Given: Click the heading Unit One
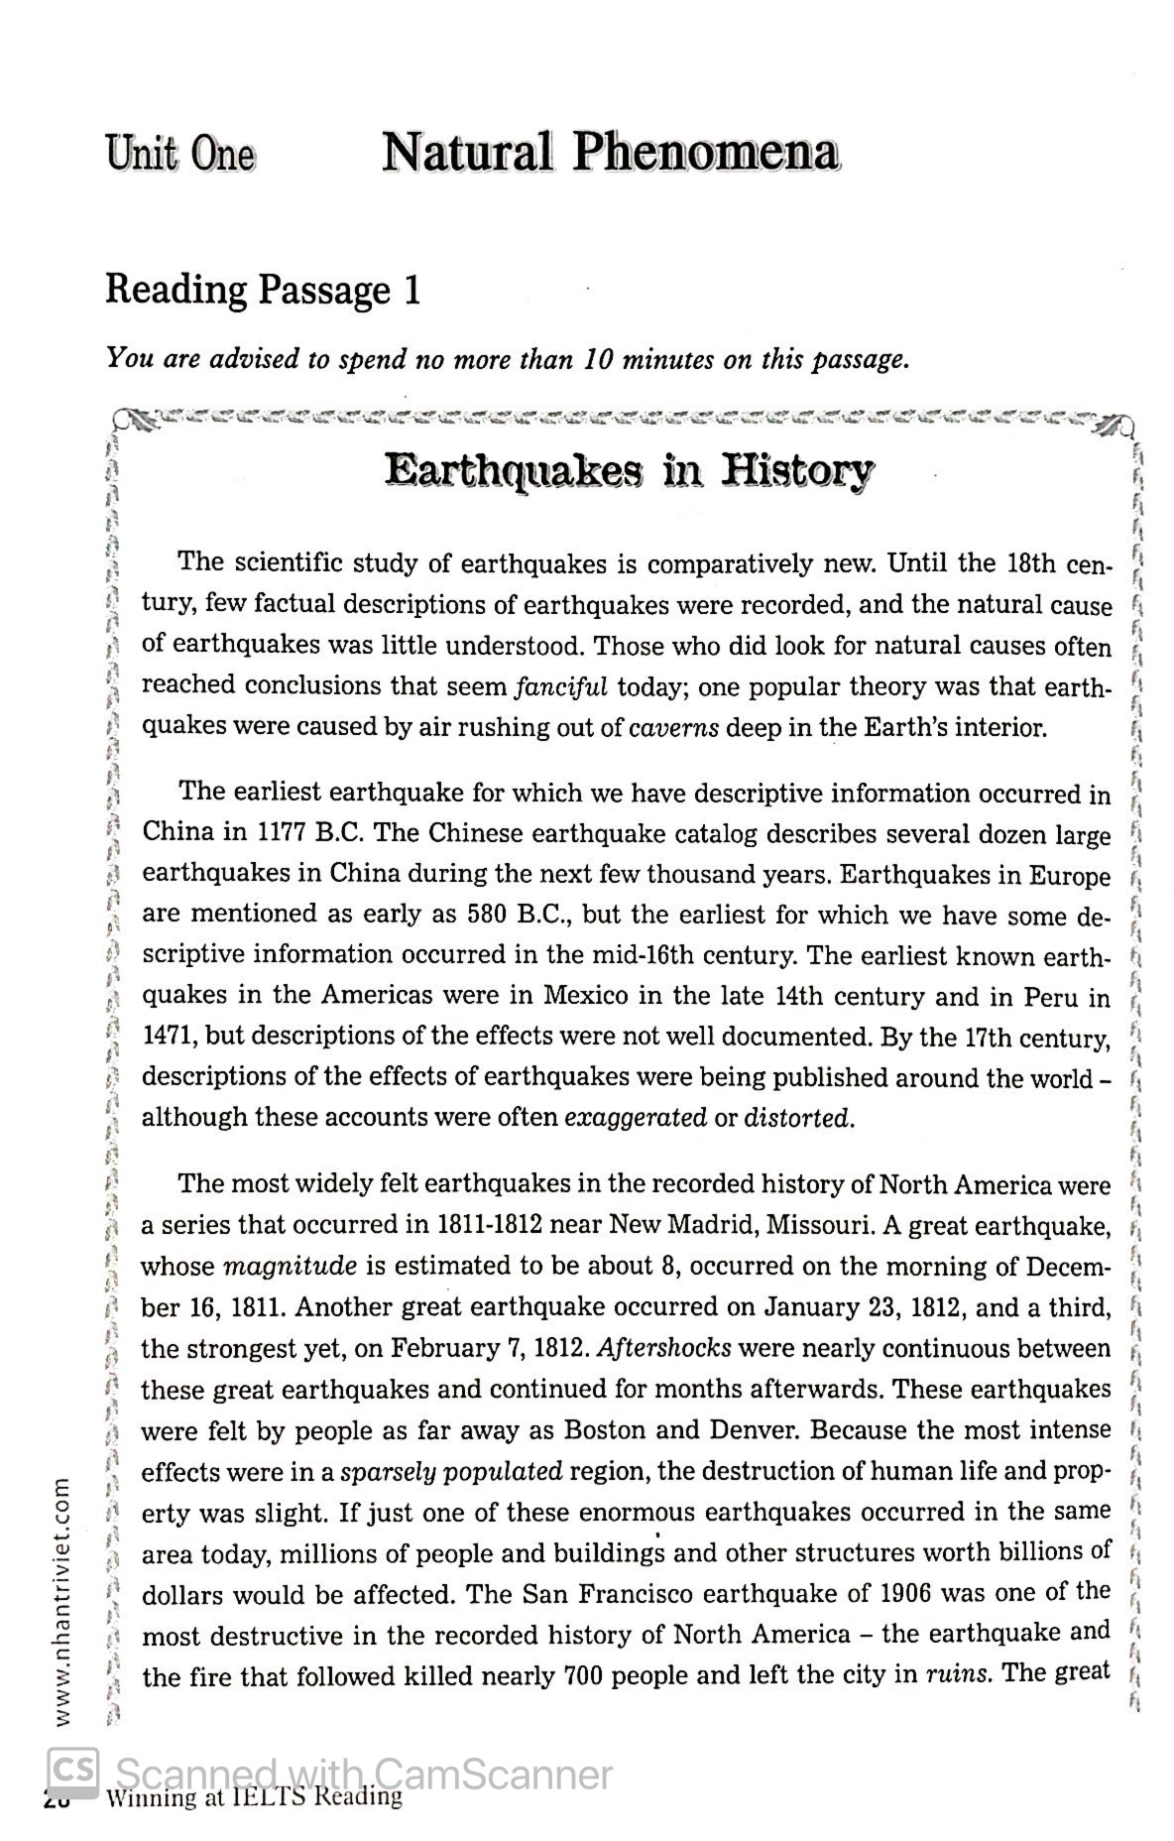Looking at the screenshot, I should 180,155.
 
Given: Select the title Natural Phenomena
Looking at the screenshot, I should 610,153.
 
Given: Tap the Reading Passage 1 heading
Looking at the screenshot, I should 263,290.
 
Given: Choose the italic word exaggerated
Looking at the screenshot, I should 635,1119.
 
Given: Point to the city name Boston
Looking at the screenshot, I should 606,1430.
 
